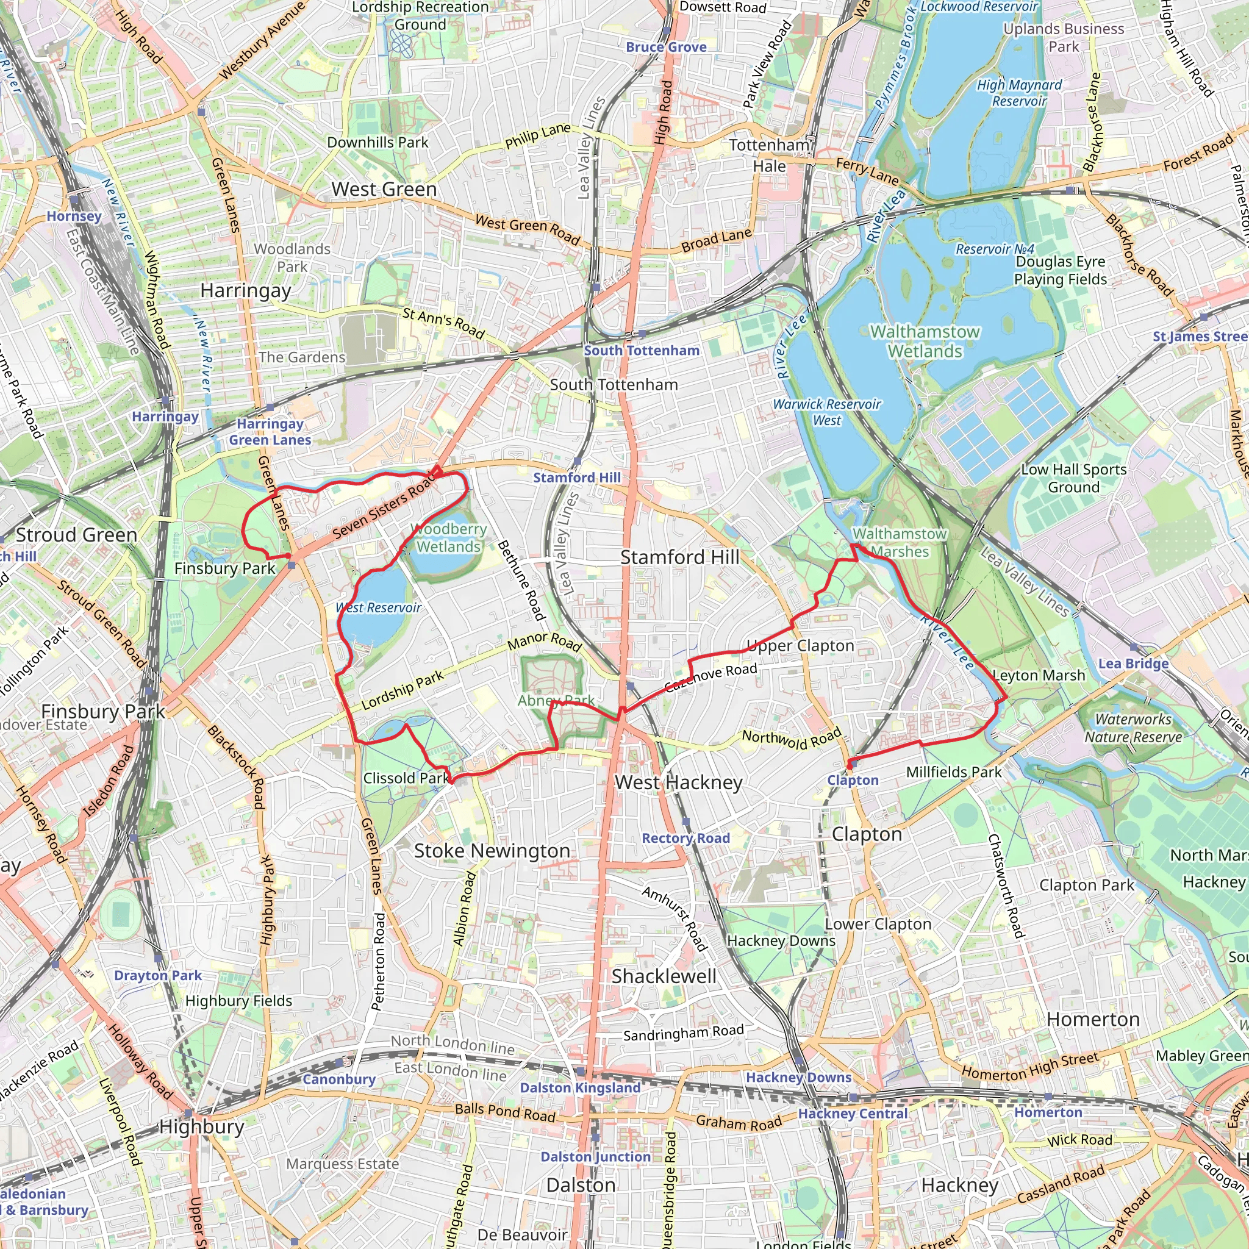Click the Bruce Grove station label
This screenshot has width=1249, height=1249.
666,47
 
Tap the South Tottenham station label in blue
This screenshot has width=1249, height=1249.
642,351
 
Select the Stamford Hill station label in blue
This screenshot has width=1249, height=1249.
577,477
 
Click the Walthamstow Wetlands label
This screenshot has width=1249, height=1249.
925,342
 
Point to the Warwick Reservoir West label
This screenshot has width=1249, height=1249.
827,412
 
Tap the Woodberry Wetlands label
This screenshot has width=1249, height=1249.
449,538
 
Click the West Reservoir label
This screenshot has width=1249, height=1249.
379,607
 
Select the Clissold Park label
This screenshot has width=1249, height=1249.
406,778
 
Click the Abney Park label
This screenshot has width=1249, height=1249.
556,700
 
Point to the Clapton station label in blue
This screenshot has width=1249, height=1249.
853,780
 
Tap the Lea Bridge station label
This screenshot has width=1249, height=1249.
1133,664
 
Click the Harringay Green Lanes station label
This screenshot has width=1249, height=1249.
270,432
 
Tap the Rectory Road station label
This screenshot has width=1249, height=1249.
685,838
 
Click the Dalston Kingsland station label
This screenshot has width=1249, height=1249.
580,1088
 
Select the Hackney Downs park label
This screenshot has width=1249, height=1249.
781,940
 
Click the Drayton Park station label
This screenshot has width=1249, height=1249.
158,975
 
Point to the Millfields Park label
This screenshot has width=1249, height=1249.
954,772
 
